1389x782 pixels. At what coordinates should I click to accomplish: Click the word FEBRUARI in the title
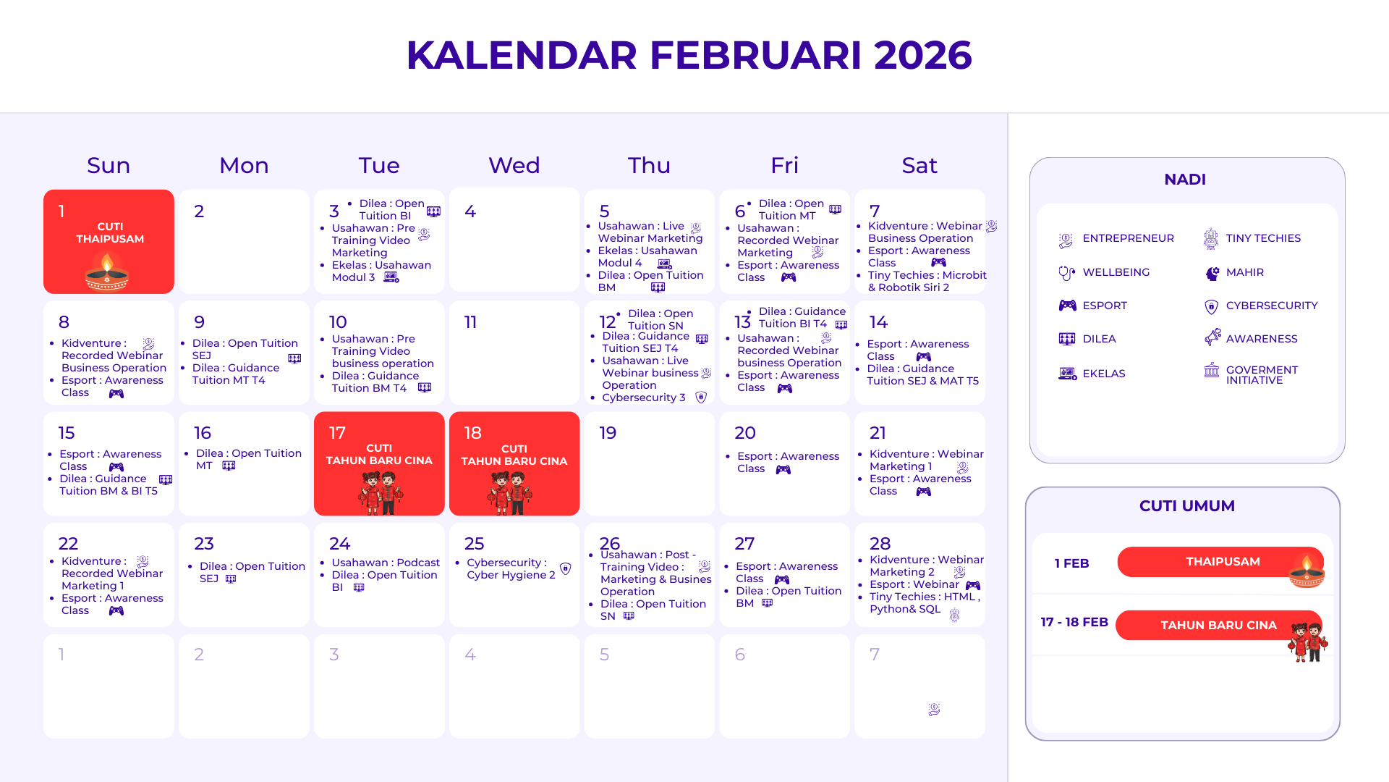[x=755, y=55]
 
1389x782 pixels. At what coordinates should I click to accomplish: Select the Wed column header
[x=514, y=165]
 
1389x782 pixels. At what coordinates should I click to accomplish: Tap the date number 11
[x=470, y=322]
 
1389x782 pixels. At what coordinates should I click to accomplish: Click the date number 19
[x=608, y=433]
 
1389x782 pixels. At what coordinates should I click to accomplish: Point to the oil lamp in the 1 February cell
[x=107, y=272]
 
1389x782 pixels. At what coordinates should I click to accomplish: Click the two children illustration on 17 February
[x=380, y=492]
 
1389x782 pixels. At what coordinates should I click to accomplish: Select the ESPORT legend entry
[x=1093, y=306]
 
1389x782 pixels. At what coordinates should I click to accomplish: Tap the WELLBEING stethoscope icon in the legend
[x=1066, y=273]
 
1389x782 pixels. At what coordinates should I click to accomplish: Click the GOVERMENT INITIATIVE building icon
[x=1211, y=371]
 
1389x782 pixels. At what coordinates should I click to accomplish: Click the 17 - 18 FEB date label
[x=1074, y=622]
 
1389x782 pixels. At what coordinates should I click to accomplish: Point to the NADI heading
[x=1185, y=180]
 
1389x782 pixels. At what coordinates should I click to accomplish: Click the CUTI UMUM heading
[x=1187, y=506]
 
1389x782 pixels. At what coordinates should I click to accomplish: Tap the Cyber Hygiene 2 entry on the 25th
[x=511, y=575]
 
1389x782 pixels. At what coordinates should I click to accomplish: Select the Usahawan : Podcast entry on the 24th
[x=386, y=563]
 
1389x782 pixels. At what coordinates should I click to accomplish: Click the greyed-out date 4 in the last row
[x=470, y=655]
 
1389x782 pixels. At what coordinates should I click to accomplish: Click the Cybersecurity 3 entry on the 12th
[x=644, y=398]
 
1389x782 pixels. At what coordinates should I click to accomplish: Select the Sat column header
[x=919, y=165]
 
